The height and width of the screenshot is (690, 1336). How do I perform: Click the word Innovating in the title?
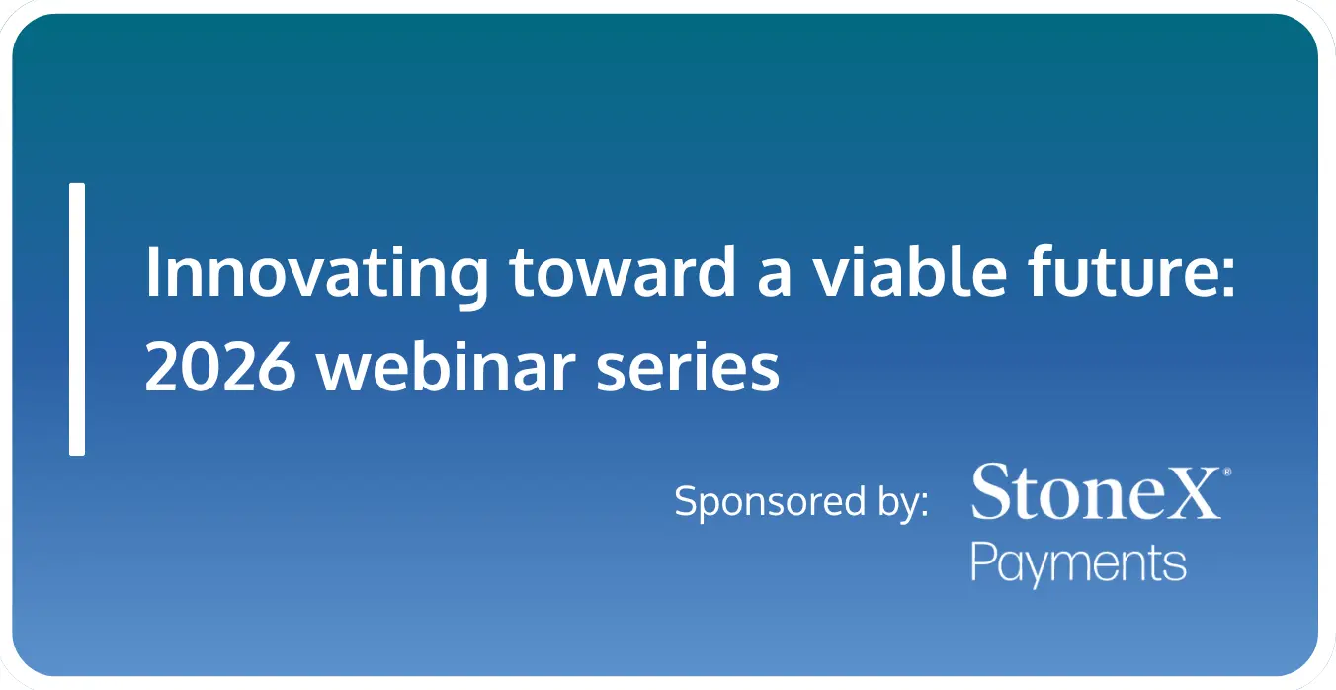tap(316, 275)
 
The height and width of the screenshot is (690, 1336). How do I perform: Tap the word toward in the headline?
tap(623, 271)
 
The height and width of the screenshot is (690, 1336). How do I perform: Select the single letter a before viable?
tap(774, 277)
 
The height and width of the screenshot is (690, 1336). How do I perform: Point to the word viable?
tap(910, 271)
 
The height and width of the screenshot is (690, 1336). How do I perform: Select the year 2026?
tap(220, 366)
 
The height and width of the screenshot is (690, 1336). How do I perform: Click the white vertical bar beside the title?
tap(77, 319)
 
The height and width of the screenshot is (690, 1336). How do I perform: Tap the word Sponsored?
tap(770, 502)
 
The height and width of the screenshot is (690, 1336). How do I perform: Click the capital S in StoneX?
tap(992, 491)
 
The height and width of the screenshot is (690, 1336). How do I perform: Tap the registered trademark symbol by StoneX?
tap(1227, 472)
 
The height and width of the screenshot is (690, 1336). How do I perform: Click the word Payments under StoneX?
tap(1078, 564)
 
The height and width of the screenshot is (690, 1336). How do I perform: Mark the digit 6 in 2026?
tap(276, 366)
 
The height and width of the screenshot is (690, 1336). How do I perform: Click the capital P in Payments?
tap(985, 561)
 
